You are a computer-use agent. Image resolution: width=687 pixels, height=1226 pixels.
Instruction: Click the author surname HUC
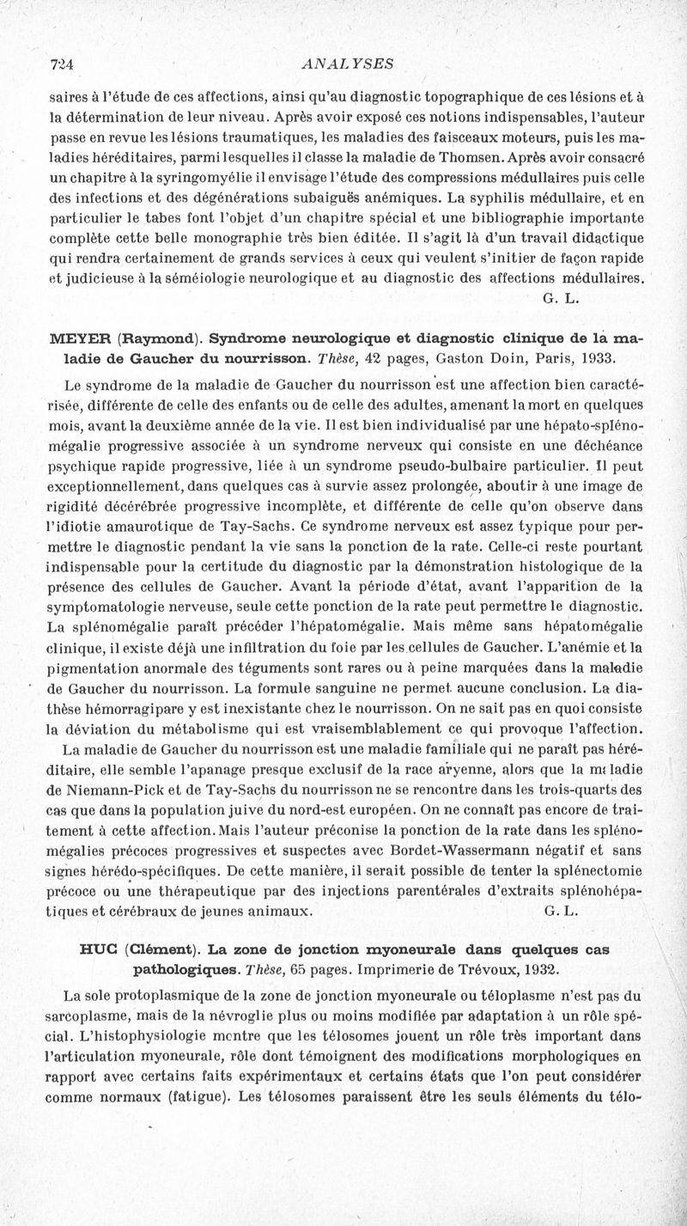click(99, 950)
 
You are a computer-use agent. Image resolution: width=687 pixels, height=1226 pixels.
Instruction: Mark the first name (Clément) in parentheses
click(161, 950)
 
